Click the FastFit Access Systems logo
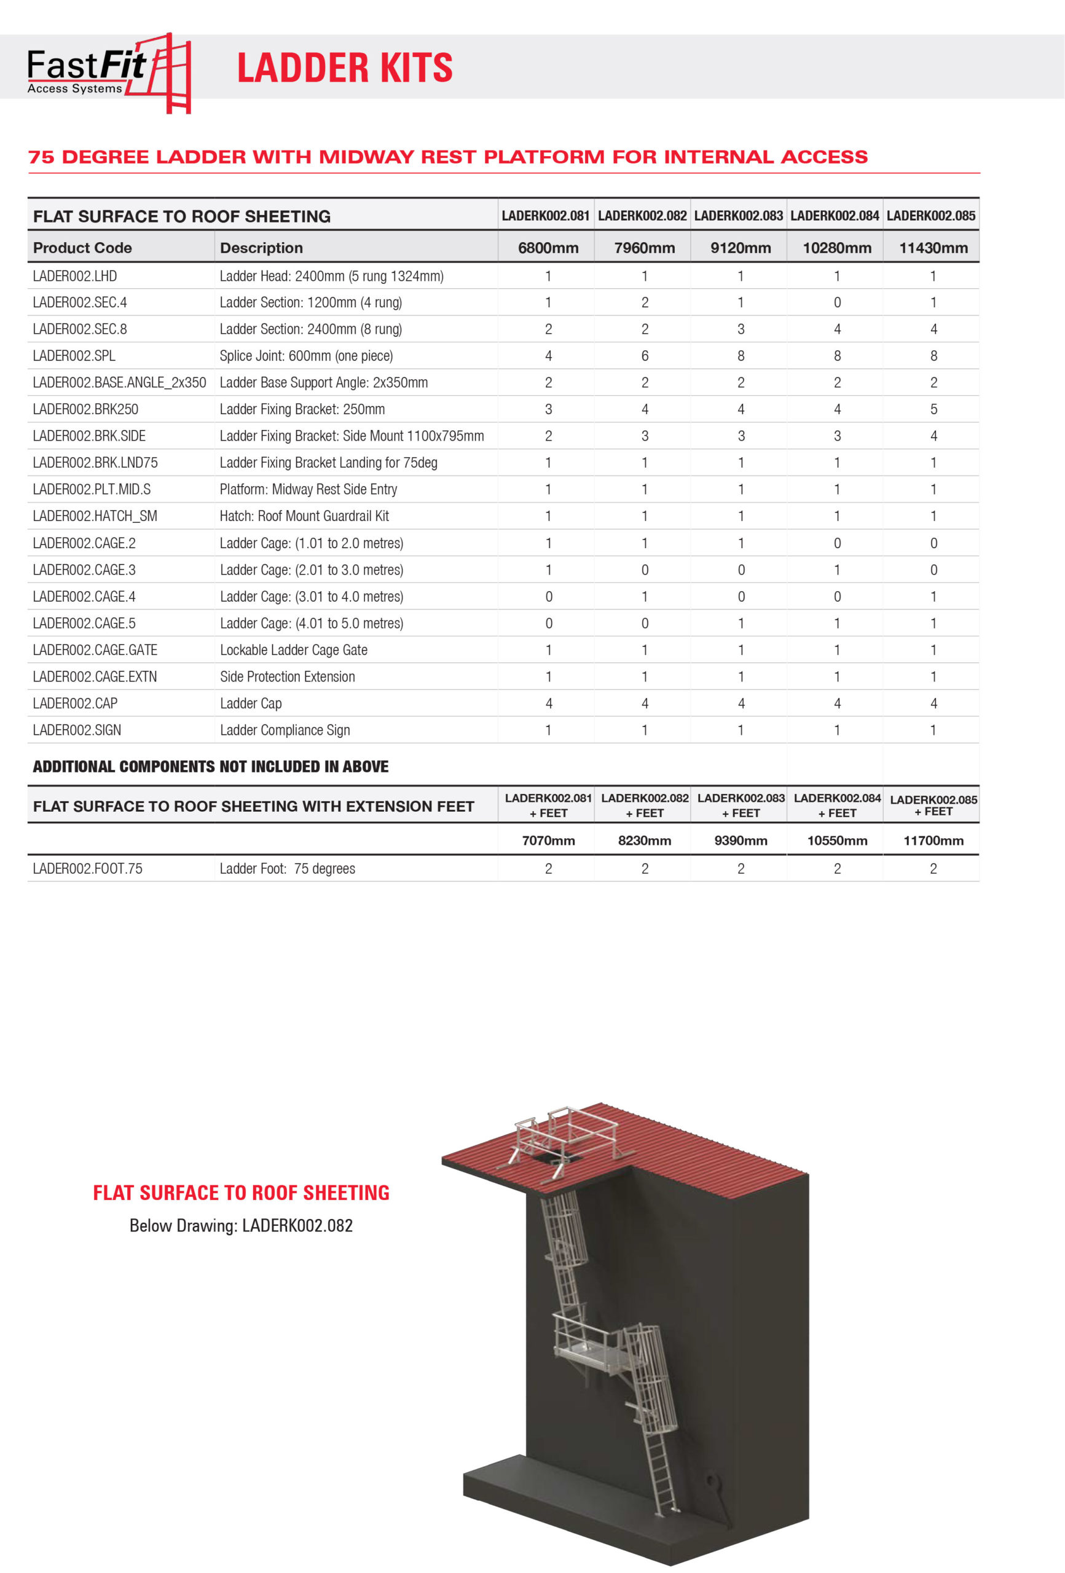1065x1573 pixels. coord(108,72)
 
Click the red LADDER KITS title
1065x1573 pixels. coord(345,68)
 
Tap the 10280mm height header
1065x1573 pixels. coord(837,248)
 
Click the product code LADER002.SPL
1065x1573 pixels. coord(74,355)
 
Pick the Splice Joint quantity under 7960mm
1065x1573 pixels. coord(645,355)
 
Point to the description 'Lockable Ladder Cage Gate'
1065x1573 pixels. coord(293,649)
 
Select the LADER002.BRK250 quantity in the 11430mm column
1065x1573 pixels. coord(933,409)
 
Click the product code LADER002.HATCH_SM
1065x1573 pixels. coord(95,516)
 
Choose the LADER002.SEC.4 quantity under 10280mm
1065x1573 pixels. coord(837,302)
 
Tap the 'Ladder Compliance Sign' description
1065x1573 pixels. coord(285,729)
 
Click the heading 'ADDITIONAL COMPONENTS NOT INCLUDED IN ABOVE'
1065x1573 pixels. coord(211,766)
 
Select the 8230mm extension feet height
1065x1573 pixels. coord(645,841)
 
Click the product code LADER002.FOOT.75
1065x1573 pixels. coord(87,868)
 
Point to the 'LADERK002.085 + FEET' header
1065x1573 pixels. coord(933,805)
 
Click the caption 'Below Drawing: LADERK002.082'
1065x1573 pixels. coord(241,1225)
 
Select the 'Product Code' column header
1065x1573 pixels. coord(82,248)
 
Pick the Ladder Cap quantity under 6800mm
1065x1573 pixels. coord(548,704)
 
